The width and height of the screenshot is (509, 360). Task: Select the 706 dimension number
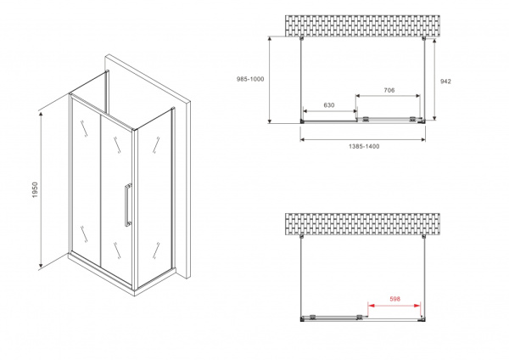pyautogui.click(x=389, y=89)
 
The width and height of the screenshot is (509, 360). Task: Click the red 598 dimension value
pyautogui.click(x=396, y=299)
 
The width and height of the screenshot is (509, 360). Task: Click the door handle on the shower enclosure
pyautogui.click(x=127, y=205)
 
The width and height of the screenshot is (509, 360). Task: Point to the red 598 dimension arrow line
pyautogui.click(x=395, y=306)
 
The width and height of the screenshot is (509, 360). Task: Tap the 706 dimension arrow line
pyautogui.click(x=389, y=97)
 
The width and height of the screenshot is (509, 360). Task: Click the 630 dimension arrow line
pyautogui.click(x=330, y=113)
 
